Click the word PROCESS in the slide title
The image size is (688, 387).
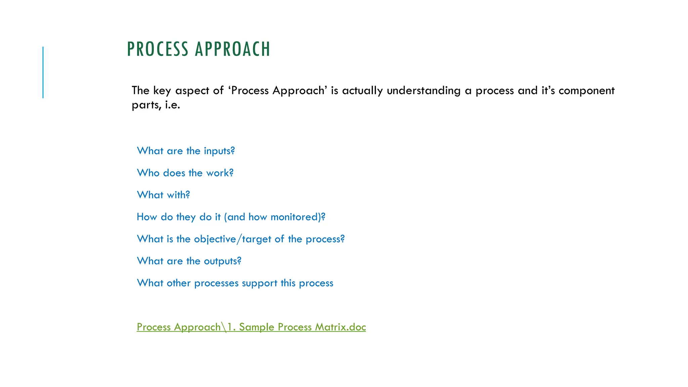[158, 49]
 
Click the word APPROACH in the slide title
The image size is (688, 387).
[232, 49]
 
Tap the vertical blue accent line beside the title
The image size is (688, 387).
[43, 72]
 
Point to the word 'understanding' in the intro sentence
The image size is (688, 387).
[424, 91]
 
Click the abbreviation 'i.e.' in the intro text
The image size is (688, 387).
[172, 105]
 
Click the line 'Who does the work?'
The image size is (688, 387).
[185, 173]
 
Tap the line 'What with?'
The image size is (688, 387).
[163, 195]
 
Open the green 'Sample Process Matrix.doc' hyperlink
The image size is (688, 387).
[251, 327]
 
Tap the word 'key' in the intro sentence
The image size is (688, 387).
[162, 91]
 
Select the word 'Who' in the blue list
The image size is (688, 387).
[148, 173]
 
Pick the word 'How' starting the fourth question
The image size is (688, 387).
[147, 217]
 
